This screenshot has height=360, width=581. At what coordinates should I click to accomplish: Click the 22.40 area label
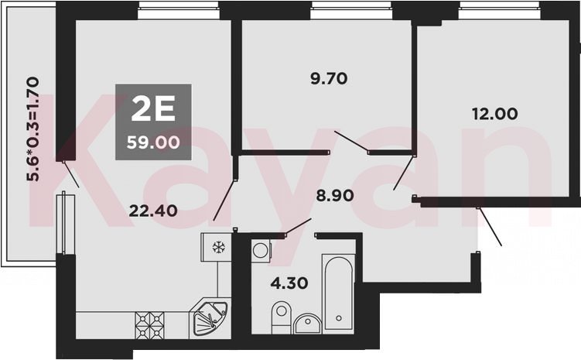coord(153,211)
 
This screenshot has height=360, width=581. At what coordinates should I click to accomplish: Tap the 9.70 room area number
coord(329,79)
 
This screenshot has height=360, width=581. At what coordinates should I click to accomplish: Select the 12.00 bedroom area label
coord(494,114)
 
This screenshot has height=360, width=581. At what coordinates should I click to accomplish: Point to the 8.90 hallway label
coord(334,195)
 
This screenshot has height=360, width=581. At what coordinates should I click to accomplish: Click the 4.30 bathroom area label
coord(289,283)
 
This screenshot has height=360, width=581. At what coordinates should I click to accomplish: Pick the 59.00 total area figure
coord(153,142)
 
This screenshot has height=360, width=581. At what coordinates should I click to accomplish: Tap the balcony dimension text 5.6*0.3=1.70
coord(32,129)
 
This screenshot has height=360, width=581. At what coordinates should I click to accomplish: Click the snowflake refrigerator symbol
coord(219,247)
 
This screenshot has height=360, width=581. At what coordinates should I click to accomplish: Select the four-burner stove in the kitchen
coord(149,325)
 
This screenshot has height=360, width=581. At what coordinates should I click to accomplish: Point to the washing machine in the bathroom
coord(261,251)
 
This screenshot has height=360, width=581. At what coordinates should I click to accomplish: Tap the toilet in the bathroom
coord(282,317)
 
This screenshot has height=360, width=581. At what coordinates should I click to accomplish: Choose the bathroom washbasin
coord(307,324)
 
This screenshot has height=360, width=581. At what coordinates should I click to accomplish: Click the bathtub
coord(338,293)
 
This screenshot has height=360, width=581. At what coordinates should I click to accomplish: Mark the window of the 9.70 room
coord(351,10)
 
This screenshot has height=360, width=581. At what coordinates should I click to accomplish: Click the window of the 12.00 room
coord(499,10)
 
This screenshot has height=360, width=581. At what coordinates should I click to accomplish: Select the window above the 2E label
coord(178,10)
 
